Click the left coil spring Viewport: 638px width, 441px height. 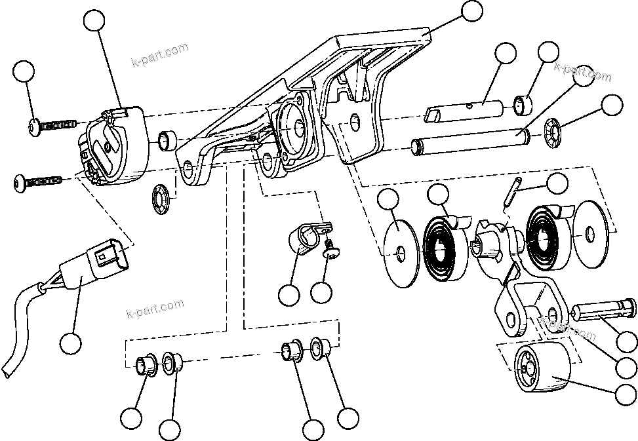pos(445,246)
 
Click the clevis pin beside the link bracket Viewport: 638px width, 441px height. pos(603,309)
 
